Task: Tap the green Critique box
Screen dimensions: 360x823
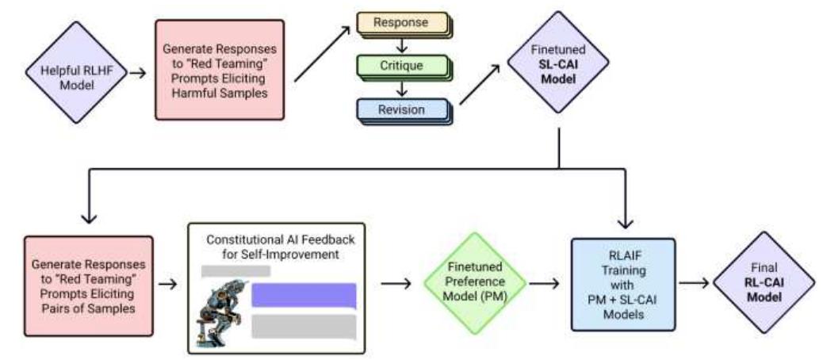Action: point(402,66)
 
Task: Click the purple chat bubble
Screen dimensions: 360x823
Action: point(303,297)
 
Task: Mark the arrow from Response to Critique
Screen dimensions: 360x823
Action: point(402,45)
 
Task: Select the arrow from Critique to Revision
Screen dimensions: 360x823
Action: point(402,88)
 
